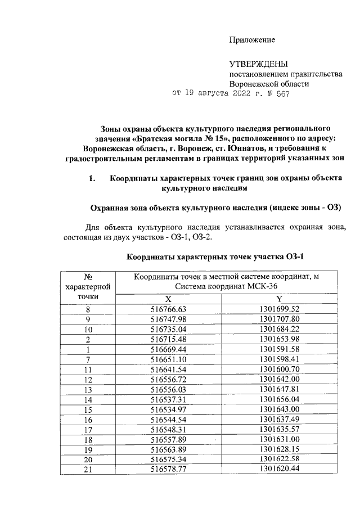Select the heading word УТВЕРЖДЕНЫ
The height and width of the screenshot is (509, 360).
coord(261,65)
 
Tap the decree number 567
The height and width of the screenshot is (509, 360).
coord(281,93)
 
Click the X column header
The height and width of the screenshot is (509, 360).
coord(168,298)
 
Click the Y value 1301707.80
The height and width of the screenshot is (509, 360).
coord(280,319)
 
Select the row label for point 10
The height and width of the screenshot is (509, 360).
coord(88,329)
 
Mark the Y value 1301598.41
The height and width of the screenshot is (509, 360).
coord(280,359)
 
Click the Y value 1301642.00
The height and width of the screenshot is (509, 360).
coord(280,379)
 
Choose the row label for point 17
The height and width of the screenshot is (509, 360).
coord(88,429)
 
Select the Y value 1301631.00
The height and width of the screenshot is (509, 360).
coord(280,439)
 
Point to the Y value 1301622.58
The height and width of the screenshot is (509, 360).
coord(280,460)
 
